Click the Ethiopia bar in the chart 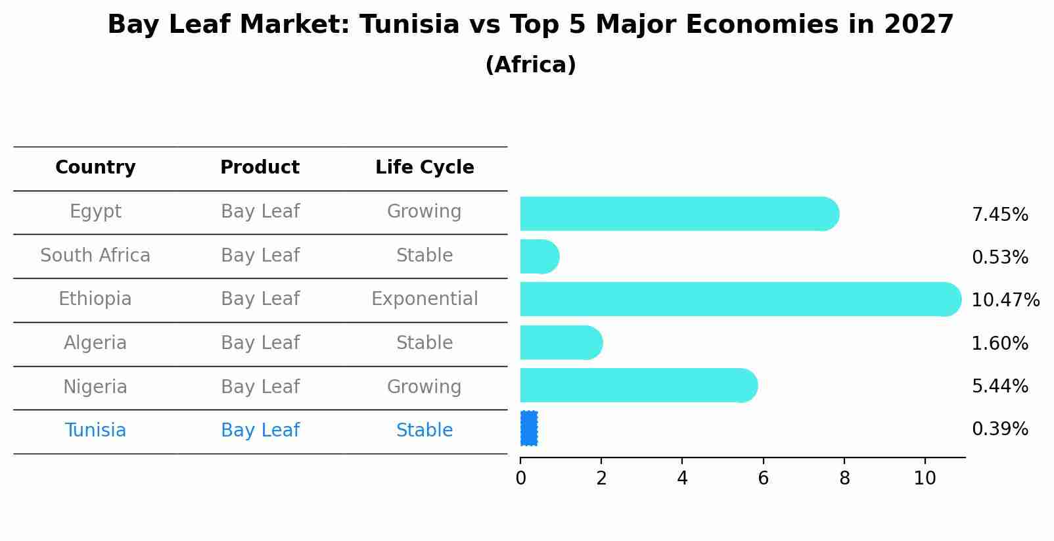tap(736, 300)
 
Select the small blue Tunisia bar tap(529, 429)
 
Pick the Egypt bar tap(677, 214)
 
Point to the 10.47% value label tap(1005, 300)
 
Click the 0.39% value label tap(999, 429)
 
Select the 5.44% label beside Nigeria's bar tap(999, 386)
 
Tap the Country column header tap(95, 168)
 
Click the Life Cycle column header tap(424, 168)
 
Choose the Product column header tap(260, 168)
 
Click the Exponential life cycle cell tap(424, 299)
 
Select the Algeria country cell tap(95, 343)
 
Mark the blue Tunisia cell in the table tap(95, 431)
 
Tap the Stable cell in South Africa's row tap(424, 256)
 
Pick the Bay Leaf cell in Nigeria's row tap(260, 387)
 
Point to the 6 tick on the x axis tap(763, 479)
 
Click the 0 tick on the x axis tap(520, 479)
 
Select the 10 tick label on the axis tap(925, 479)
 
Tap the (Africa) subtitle tap(530, 65)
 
